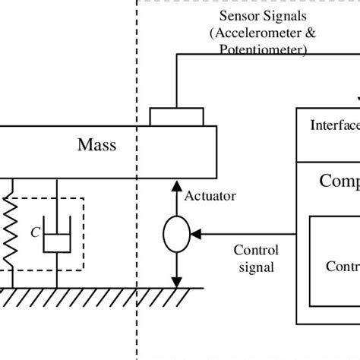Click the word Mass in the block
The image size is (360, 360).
coord(98,144)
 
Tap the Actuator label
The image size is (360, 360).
coord(210,196)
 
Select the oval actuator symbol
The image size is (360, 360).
coord(177,234)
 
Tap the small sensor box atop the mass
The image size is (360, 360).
coord(176,117)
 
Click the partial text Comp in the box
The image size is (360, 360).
coord(339,181)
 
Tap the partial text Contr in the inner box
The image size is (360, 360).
coord(342,266)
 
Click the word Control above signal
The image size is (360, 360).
coord(256,251)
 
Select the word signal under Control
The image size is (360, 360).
coord(256,267)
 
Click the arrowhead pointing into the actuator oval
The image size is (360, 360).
coord(197,234)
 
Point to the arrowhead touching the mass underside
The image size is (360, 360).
coord(177,185)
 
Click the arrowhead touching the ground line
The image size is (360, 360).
coord(177,281)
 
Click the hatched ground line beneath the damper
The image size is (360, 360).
coord(57,295)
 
